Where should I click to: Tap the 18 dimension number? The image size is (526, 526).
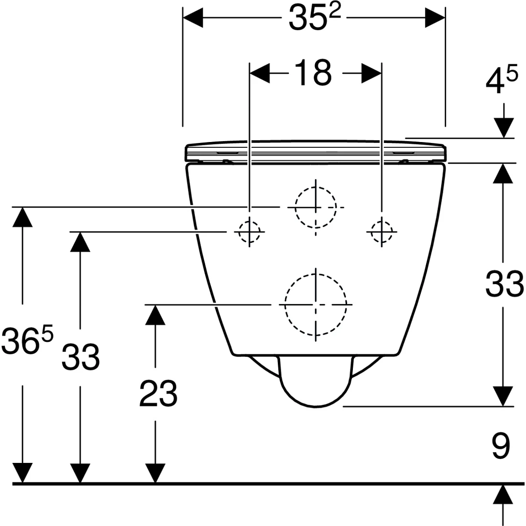pyautogui.click(x=313, y=73)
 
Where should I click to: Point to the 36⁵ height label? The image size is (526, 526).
pyautogui.click(x=27, y=341)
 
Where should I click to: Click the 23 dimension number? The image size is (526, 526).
pyautogui.click(x=158, y=393)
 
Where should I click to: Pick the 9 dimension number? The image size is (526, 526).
pyautogui.click(x=501, y=446)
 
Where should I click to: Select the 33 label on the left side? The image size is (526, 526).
pyautogui.click(x=80, y=357)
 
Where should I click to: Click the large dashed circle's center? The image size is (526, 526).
pyautogui.click(x=316, y=305)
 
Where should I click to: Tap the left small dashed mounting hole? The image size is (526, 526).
pyautogui.click(x=249, y=232)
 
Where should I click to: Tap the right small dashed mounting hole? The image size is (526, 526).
pyautogui.click(x=382, y=232)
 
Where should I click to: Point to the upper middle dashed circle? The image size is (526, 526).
pyautogui.click(x=316, y=208)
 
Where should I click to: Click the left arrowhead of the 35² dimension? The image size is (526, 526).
pyautogui.click(x=193, y=18)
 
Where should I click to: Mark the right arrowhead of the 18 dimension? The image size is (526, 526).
pyautogui.click(x=372, y=73)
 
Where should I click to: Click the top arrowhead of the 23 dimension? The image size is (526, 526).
pyautogui.click(x=155, y=315)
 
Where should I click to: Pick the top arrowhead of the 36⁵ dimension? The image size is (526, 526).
pyautogui.click(x=22, y=218)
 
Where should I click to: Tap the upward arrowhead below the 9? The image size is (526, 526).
pyautogui.click(x=503, y=494)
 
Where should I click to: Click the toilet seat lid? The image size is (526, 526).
pyautogui.click(x=316, y=152)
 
